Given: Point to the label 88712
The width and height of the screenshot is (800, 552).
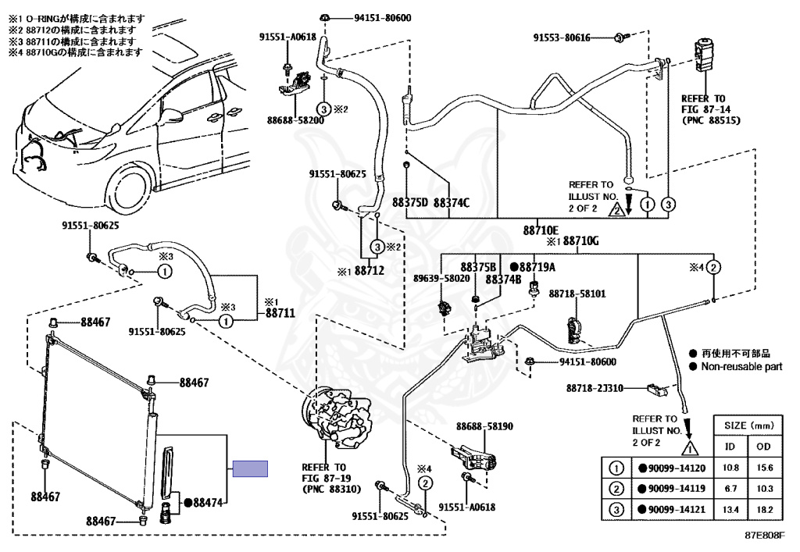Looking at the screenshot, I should [x=370, y=272].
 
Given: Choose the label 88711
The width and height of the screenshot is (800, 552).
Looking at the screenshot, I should [x=279, y=312].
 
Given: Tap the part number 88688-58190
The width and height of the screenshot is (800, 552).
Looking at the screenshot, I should [x=484, y=427].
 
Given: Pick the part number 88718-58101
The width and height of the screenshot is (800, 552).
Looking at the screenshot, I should [x=576, y=294].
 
